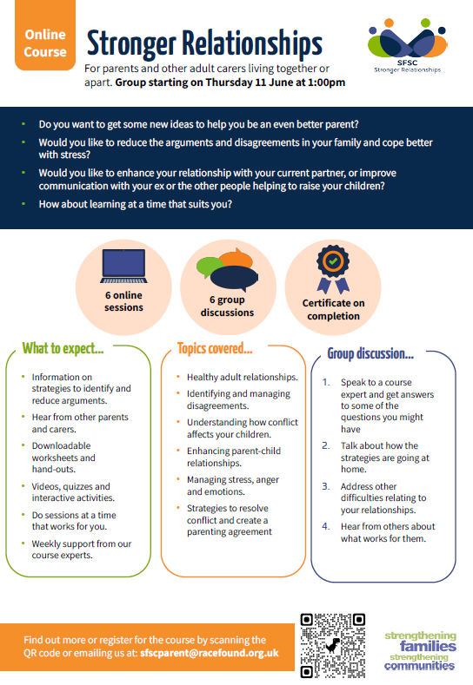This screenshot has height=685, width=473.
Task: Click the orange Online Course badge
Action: pyautogui.click(x=45, y=35)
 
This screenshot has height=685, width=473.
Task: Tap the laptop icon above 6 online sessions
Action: pyautogui.click(x=123, y=266)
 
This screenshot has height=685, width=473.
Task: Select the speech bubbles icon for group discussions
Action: pyautogui.click(x=228, y=269)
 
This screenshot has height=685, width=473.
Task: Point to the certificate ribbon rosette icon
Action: pyautogui.click(x=333, y=268)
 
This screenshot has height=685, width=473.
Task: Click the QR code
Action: pyautogui.click(x=332, y=645)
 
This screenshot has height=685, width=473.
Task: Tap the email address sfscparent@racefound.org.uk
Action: pyautogui.click(x=210, y=653)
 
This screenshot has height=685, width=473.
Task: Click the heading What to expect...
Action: pyautogui.click(x=63, y=349)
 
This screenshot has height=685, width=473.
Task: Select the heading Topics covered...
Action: pyautogui.click(x=215, y=349)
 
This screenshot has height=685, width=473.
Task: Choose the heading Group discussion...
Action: pyautogui.click(x=370, y=353)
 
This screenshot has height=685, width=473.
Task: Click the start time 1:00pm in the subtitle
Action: pyautogui.click(x=326, y=82)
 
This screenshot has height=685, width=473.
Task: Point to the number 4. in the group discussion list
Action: pyautogui.click(x=326, y=526)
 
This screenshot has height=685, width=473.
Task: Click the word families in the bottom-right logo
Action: pyautogui.click(x=428, y=646)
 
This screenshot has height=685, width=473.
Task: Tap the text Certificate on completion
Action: pyautogui.click(x=333, y=309)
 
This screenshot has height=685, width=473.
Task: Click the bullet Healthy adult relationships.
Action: pyautogui.click(x=243, y=377)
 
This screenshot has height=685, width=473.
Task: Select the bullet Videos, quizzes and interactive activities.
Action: pyautogui.click(x=73, y=492)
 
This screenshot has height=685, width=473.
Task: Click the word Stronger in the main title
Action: pyautogui.click(x=131, y=44)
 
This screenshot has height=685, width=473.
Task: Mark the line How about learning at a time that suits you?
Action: pyautogui.click(x=136, y=204)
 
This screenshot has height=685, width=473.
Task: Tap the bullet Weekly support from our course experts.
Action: pyautogui.click(x=82, y=550)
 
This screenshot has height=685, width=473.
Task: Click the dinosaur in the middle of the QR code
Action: pyautogui.click(x=333, y=645)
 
